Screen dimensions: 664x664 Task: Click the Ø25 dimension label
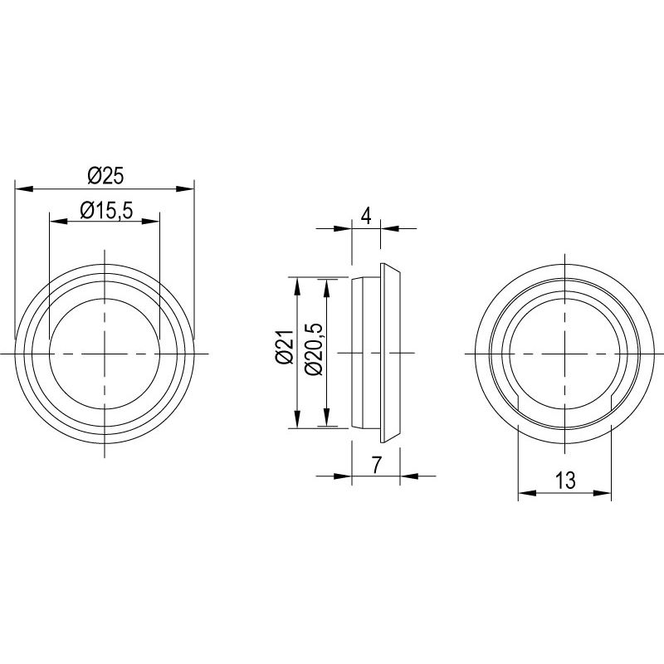(105, 176)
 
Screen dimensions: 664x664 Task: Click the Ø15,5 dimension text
(106, 211)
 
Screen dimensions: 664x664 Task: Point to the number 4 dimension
(365, 216)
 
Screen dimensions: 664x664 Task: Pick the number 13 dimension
(564, 481)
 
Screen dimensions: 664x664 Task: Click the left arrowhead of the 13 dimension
(525, 494)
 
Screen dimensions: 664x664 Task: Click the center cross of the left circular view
(104, 354)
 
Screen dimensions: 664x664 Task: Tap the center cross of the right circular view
(564, 354)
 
